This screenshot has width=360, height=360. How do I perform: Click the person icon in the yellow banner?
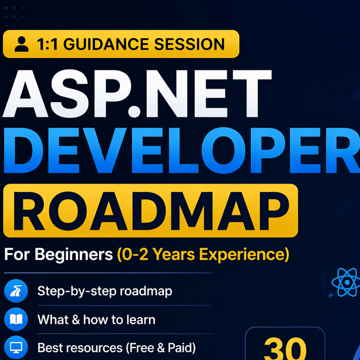tap(21, 44)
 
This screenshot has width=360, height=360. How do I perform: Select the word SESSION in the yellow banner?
tap(190, 44)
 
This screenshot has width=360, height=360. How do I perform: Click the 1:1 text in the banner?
tap(47, 44)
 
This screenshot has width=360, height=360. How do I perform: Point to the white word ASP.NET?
tap(137, 93)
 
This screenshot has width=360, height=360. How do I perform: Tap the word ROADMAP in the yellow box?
tap(151, 211)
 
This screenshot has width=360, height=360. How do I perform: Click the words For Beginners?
tap(58, 255)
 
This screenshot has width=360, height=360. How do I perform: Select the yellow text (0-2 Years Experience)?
tap(203, 255)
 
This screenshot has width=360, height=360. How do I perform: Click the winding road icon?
tap(16, 291)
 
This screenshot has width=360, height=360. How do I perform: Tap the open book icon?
tap(16, 319)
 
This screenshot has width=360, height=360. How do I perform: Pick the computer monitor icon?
tap(16, 347)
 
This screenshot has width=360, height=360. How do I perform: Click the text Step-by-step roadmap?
tap(105, 291)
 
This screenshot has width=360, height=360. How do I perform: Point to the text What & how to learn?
tap(96, 319)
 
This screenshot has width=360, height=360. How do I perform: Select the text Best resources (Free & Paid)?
tap(116, 348)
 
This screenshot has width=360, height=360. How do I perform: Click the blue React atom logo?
tap(346, 282)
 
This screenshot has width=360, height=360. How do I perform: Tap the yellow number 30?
tap(285, 349)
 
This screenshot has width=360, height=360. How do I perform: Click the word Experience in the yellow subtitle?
tap(244, 255)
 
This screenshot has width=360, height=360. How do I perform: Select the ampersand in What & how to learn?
tap(76, 319)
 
